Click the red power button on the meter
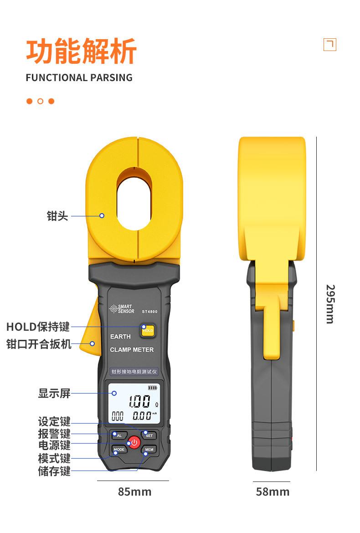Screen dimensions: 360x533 coord(134,442)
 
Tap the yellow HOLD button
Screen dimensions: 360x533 coord(148,330)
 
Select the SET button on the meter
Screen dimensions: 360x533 coord(149,436)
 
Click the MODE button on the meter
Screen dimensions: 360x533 coord(119,450)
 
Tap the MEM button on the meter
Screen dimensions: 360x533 coord(149,450)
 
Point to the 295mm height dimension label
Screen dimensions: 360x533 coord(330,304)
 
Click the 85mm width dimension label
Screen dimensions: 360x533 coord(134,492)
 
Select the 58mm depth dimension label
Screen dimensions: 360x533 coord(273,492)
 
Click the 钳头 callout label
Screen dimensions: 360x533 coord(57,216)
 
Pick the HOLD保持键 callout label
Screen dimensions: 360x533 coord(38,327)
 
